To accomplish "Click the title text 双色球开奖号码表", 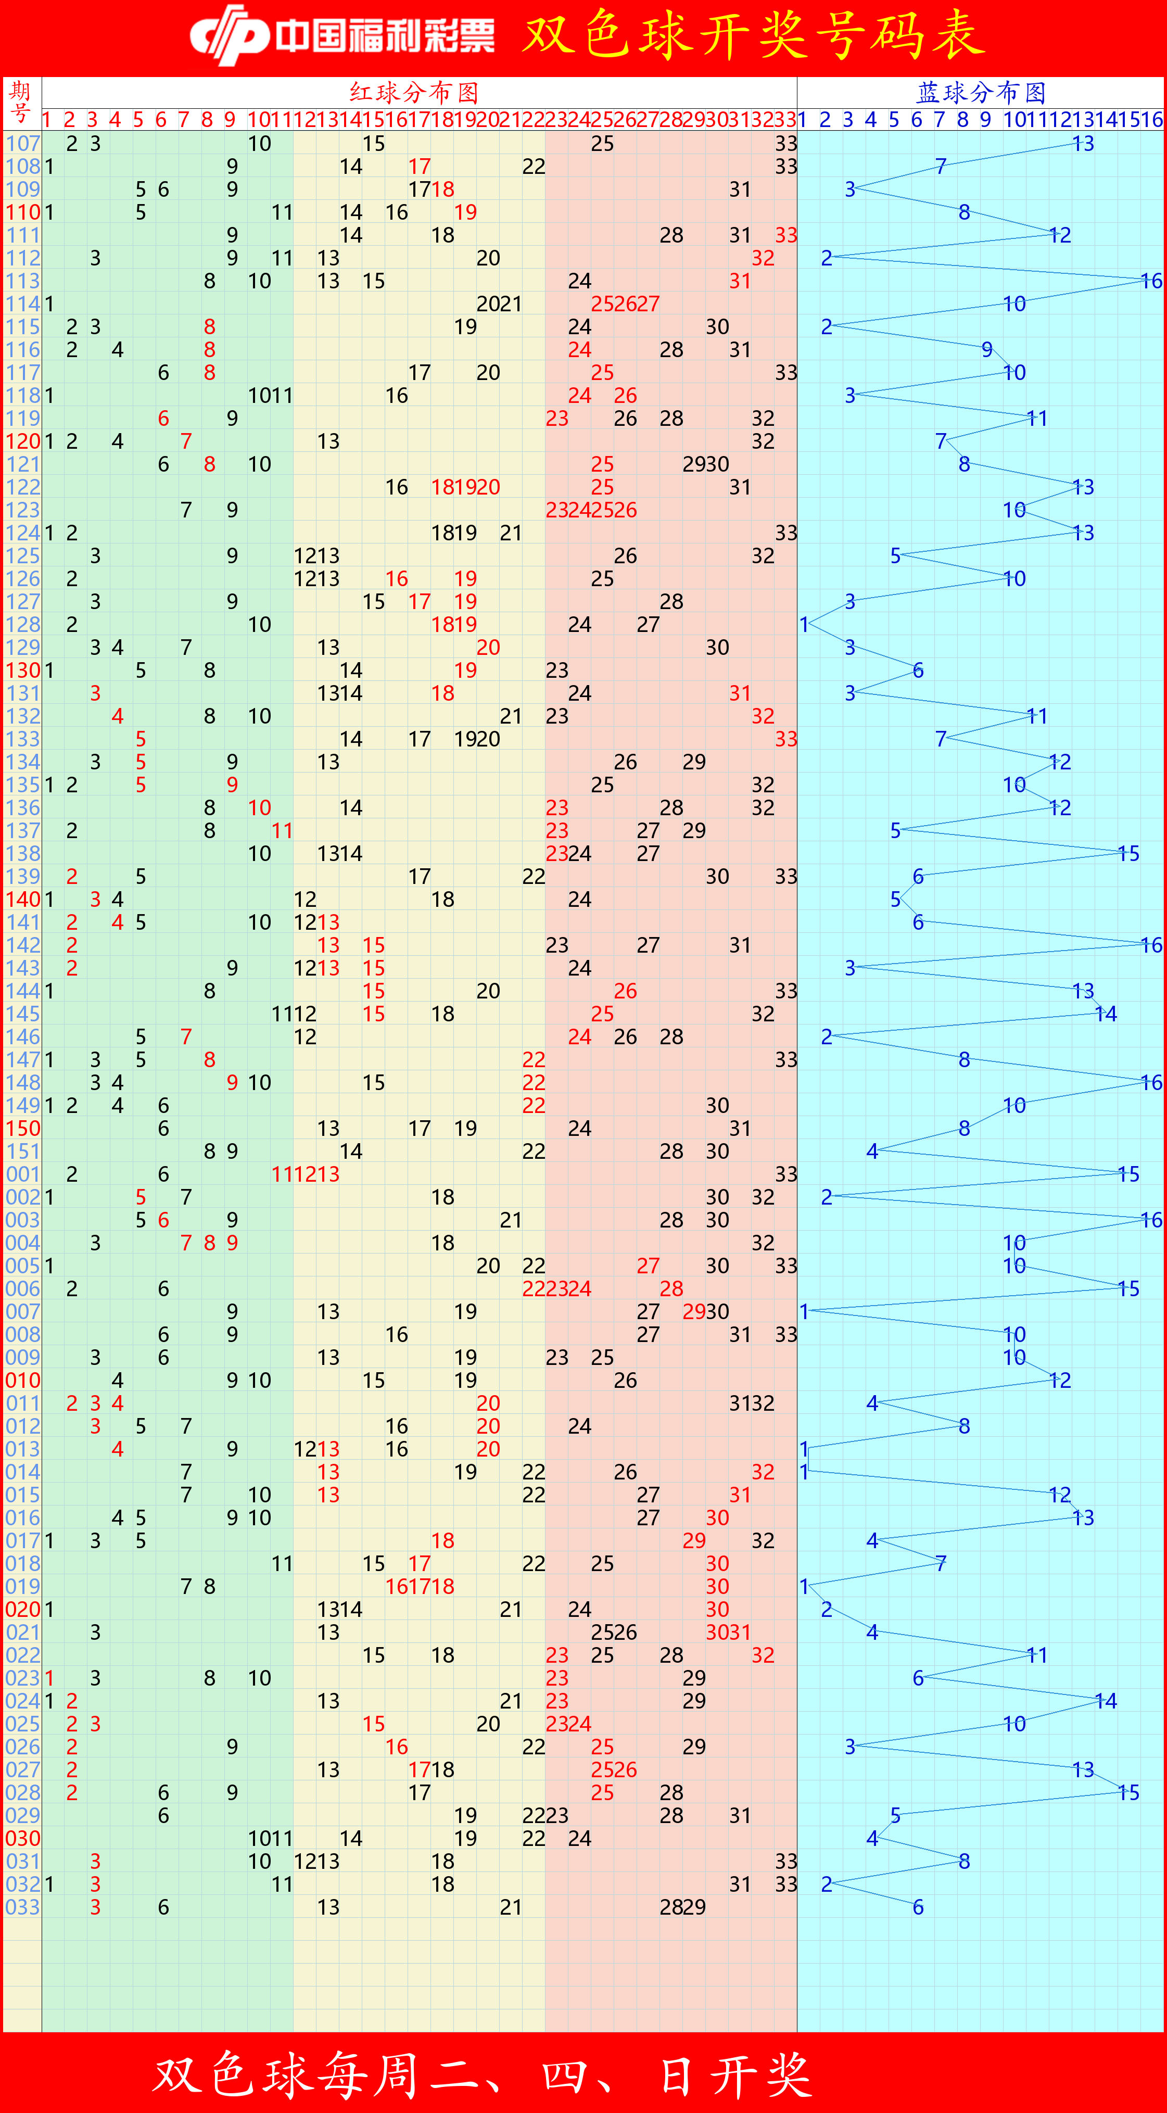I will pos(753,36).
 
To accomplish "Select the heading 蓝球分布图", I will pos(981,92).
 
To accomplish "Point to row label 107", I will pos(22,144).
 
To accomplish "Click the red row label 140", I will pos(22,900).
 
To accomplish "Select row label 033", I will pos(22,1907).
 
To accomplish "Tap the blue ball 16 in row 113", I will pos(1151,281).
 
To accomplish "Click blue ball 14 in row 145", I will pos(1106,1015).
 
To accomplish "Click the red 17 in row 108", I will pos(419,167).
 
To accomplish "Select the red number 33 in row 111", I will pos(785,235).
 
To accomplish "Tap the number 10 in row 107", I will pos(259,144).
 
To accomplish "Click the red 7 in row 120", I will pos(186,441).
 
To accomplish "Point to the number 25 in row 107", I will pos(602,144).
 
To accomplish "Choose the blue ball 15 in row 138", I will pos(1128,854).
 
